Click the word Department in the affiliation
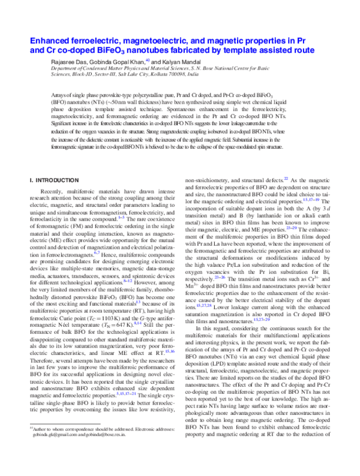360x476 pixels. coord(65,70)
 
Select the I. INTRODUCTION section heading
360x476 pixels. coord(56,180)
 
